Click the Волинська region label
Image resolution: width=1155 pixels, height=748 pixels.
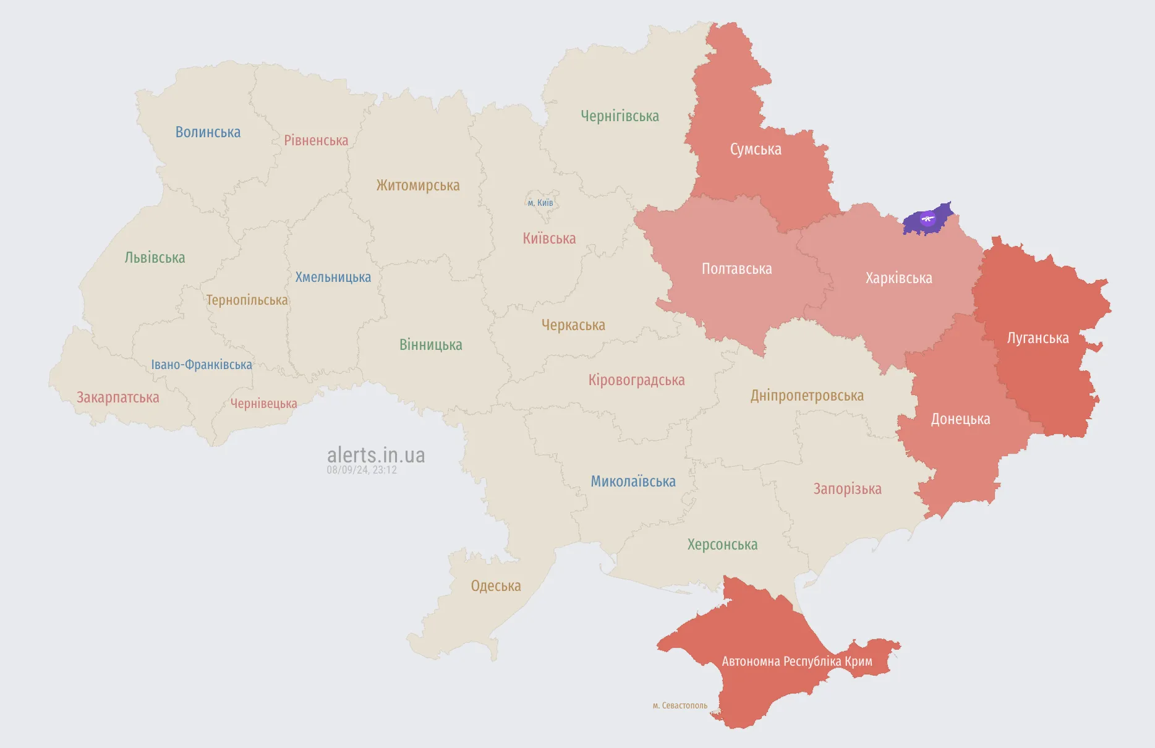pos(208,132)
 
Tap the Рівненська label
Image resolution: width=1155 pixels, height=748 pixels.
pos(316,140)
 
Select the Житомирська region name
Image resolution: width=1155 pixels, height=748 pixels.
pos(418,185)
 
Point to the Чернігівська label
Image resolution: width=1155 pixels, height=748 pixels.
pos(620,116)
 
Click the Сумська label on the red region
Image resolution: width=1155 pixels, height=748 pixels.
pos(756,150)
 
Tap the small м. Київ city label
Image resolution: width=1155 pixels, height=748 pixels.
pos(540,203)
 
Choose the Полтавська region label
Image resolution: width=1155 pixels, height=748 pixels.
pos(736,269)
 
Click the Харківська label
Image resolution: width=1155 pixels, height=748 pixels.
pos(898,278)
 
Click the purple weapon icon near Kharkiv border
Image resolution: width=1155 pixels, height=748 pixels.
pos(927,218)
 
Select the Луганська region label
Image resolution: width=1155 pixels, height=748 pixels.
pos(1038,338)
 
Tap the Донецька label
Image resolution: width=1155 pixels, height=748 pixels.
pos(960,419)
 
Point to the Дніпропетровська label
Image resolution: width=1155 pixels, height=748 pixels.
pos(807,396)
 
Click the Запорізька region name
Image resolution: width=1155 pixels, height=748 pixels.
pos(847,489)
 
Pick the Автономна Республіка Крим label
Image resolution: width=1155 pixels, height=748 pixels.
pos(797,661)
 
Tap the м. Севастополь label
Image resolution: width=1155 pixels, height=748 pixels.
pos(680,705)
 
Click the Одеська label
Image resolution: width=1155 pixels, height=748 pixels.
pos(496,586)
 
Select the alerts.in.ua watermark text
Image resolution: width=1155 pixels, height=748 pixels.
pos(376,456)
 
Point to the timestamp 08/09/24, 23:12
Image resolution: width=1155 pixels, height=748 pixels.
pos(362,470)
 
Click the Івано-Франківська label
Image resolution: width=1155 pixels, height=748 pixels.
pos(202,365)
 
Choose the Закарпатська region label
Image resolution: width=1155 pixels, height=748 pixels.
pos(117,397)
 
